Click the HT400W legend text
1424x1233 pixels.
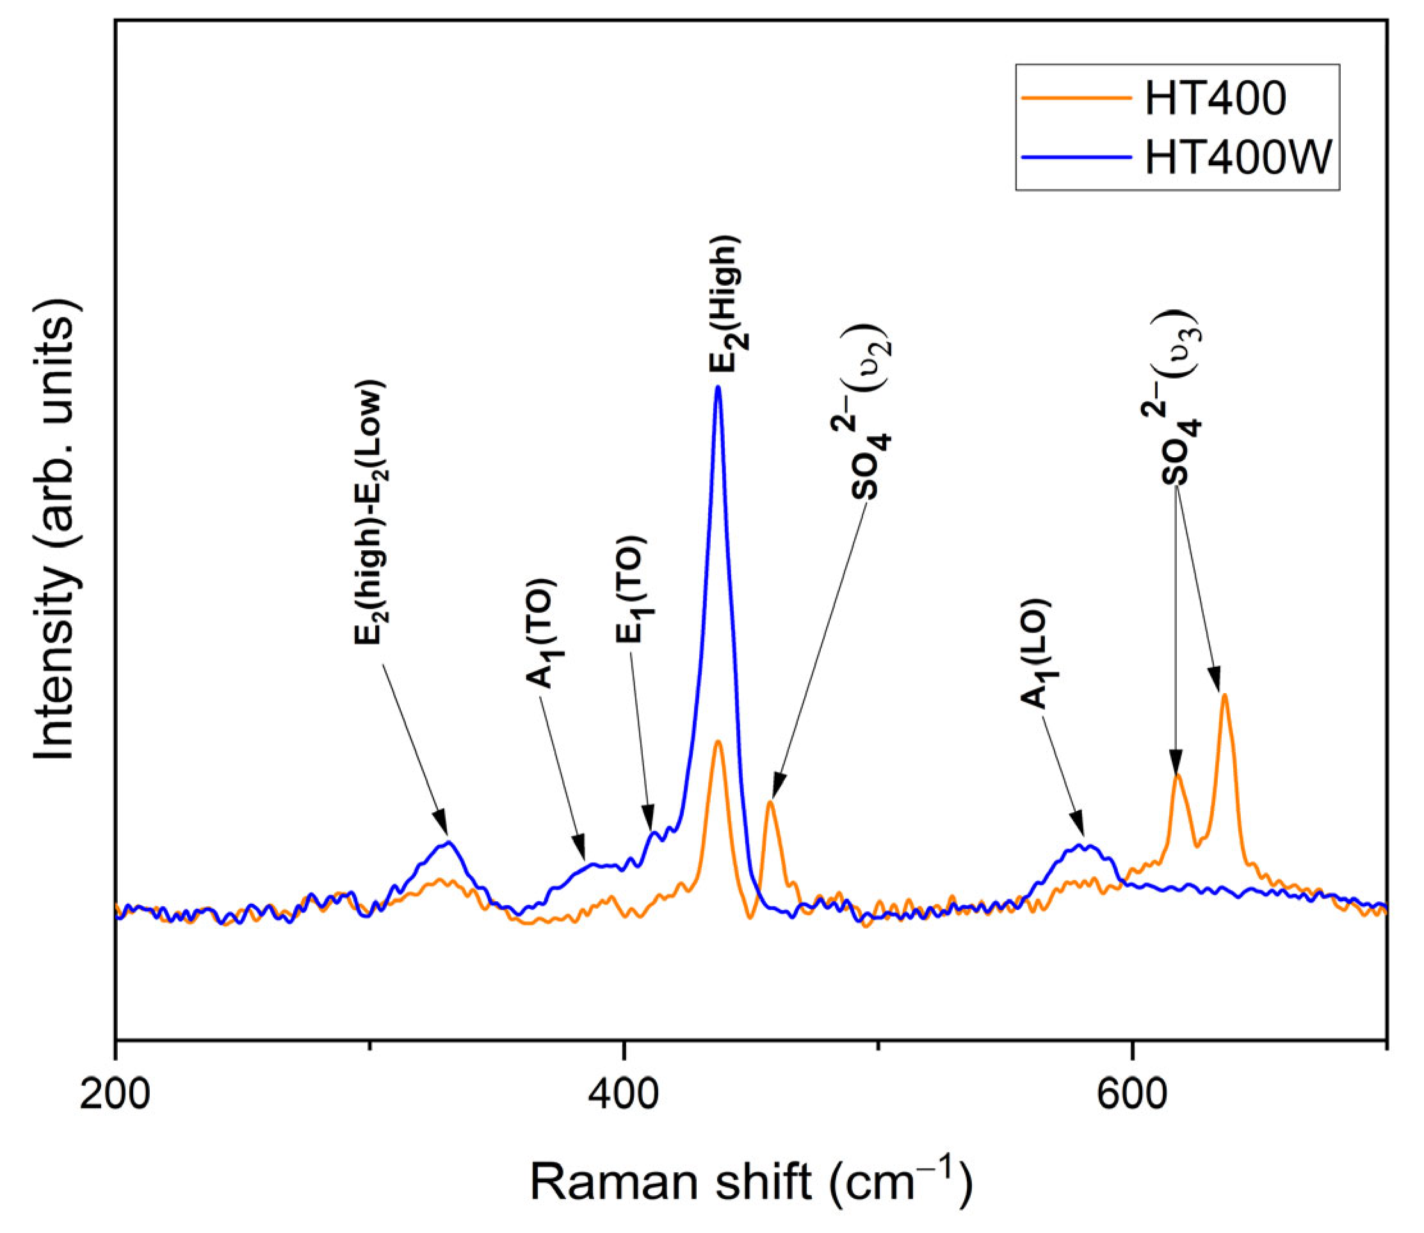[x=1239, y=158]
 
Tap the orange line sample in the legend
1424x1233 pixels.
[x=1076, y=99]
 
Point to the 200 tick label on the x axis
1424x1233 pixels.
[x=115, y=1093]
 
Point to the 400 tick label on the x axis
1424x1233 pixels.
[x=623, y=1093]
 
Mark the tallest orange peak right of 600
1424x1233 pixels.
[x=1224, y=696]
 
